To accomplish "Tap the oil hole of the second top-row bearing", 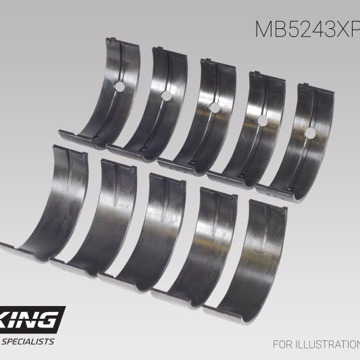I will tap(166, 96).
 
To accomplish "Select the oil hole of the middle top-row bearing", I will tap(214, 107).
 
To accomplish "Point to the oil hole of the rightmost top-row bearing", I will tap(309, 133).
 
